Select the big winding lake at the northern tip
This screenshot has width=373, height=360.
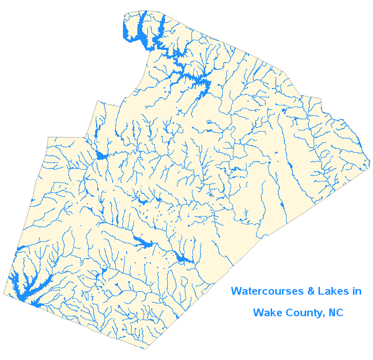[139, 33]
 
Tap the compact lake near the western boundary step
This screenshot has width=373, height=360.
[100, 156]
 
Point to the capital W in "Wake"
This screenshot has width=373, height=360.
[258, 312]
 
